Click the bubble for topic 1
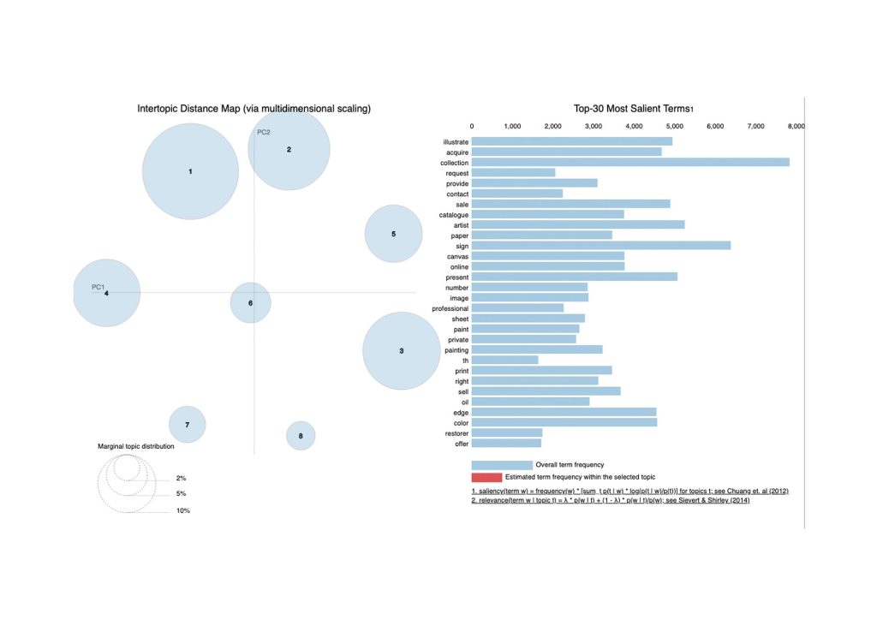tap(190, 171)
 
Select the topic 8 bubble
tap(301, 436)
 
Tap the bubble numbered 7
tap(187, 425)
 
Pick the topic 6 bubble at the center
tap(251, 302)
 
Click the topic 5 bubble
tap(393, 234)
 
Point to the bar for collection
tap(629, 162)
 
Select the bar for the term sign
tap(600, 245)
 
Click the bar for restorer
tap(506, 432)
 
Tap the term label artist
tap(457, 224)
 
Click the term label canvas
tap(457, 256)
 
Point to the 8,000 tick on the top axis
tap(795, 127)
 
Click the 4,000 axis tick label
tap(634, 127)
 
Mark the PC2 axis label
tap(264, 132)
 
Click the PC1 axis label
tap(98, 287)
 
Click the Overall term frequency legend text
tap(570, 464)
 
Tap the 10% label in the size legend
tap(183, 510)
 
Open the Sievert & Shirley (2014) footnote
tap(629, 502)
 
